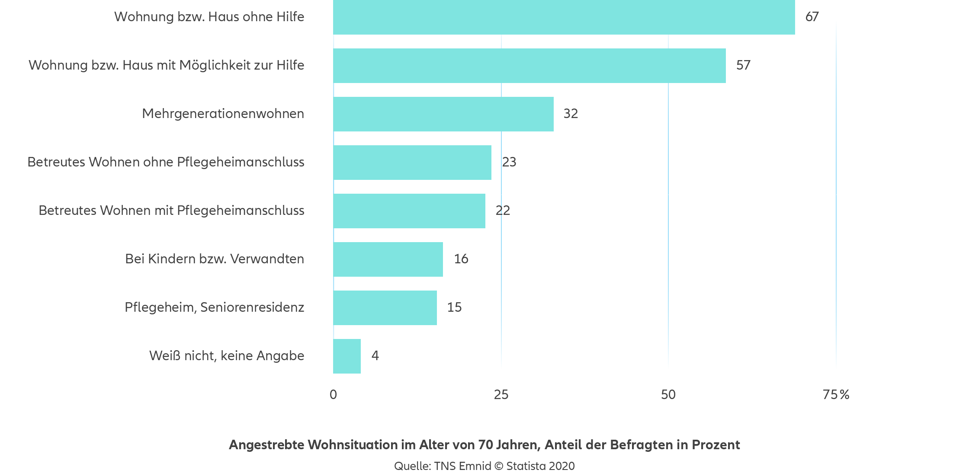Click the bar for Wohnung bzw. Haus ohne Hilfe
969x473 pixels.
click(564, 17)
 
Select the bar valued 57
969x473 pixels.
click(529, 65)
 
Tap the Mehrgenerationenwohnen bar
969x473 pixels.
click(443, 114)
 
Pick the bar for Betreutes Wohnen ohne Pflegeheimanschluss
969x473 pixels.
click(412, 162)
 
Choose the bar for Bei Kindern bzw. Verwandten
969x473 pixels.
click(388, 259)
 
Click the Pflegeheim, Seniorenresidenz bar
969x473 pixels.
click(385, 307)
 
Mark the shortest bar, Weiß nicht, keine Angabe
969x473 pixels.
click(347, 356)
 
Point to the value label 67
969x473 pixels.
click(812, 17)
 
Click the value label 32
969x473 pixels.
click(571, 114)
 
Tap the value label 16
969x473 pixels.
click(461, 259)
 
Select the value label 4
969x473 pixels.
click(375, 356)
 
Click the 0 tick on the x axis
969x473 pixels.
click(333, 395)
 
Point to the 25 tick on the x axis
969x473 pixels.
click(501, 395)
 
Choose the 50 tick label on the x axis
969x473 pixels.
click(668, 395)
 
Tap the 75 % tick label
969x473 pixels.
click(836, 395)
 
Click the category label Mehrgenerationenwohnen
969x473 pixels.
click(223, 114)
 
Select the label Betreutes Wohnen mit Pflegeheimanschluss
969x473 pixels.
click(171, 211)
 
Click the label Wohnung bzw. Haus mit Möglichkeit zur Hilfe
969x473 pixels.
click(167, 65)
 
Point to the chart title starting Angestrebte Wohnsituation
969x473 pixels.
click(484, 445)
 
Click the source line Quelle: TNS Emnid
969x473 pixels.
click(484, 466)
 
